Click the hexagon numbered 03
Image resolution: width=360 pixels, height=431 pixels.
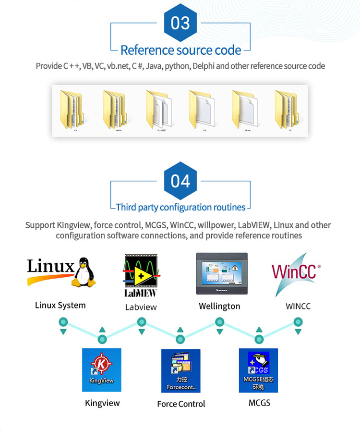(180, 23)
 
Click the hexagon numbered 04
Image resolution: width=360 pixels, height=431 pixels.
(180, 181)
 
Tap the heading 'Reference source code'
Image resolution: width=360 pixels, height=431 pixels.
(180, 50)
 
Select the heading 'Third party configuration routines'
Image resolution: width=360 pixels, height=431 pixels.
(180, 208)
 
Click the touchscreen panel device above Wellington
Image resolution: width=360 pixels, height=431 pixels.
(221, 273)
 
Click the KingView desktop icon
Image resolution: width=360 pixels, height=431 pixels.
(102, 370)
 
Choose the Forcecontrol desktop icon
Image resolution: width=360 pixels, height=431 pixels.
(181, 371)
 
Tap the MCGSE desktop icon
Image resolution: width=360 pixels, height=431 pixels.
(258, 370)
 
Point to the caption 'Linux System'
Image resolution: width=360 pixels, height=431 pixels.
(60, 305)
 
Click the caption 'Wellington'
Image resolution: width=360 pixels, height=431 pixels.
(219, 306)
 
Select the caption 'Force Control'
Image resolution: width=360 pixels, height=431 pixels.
(181, 404)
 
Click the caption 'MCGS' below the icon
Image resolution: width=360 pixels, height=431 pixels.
(259, 403)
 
